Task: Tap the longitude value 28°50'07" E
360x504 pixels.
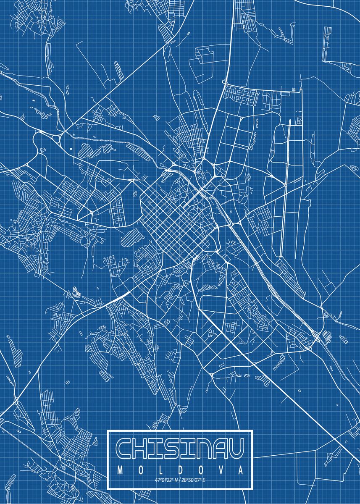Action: [194, 480]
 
